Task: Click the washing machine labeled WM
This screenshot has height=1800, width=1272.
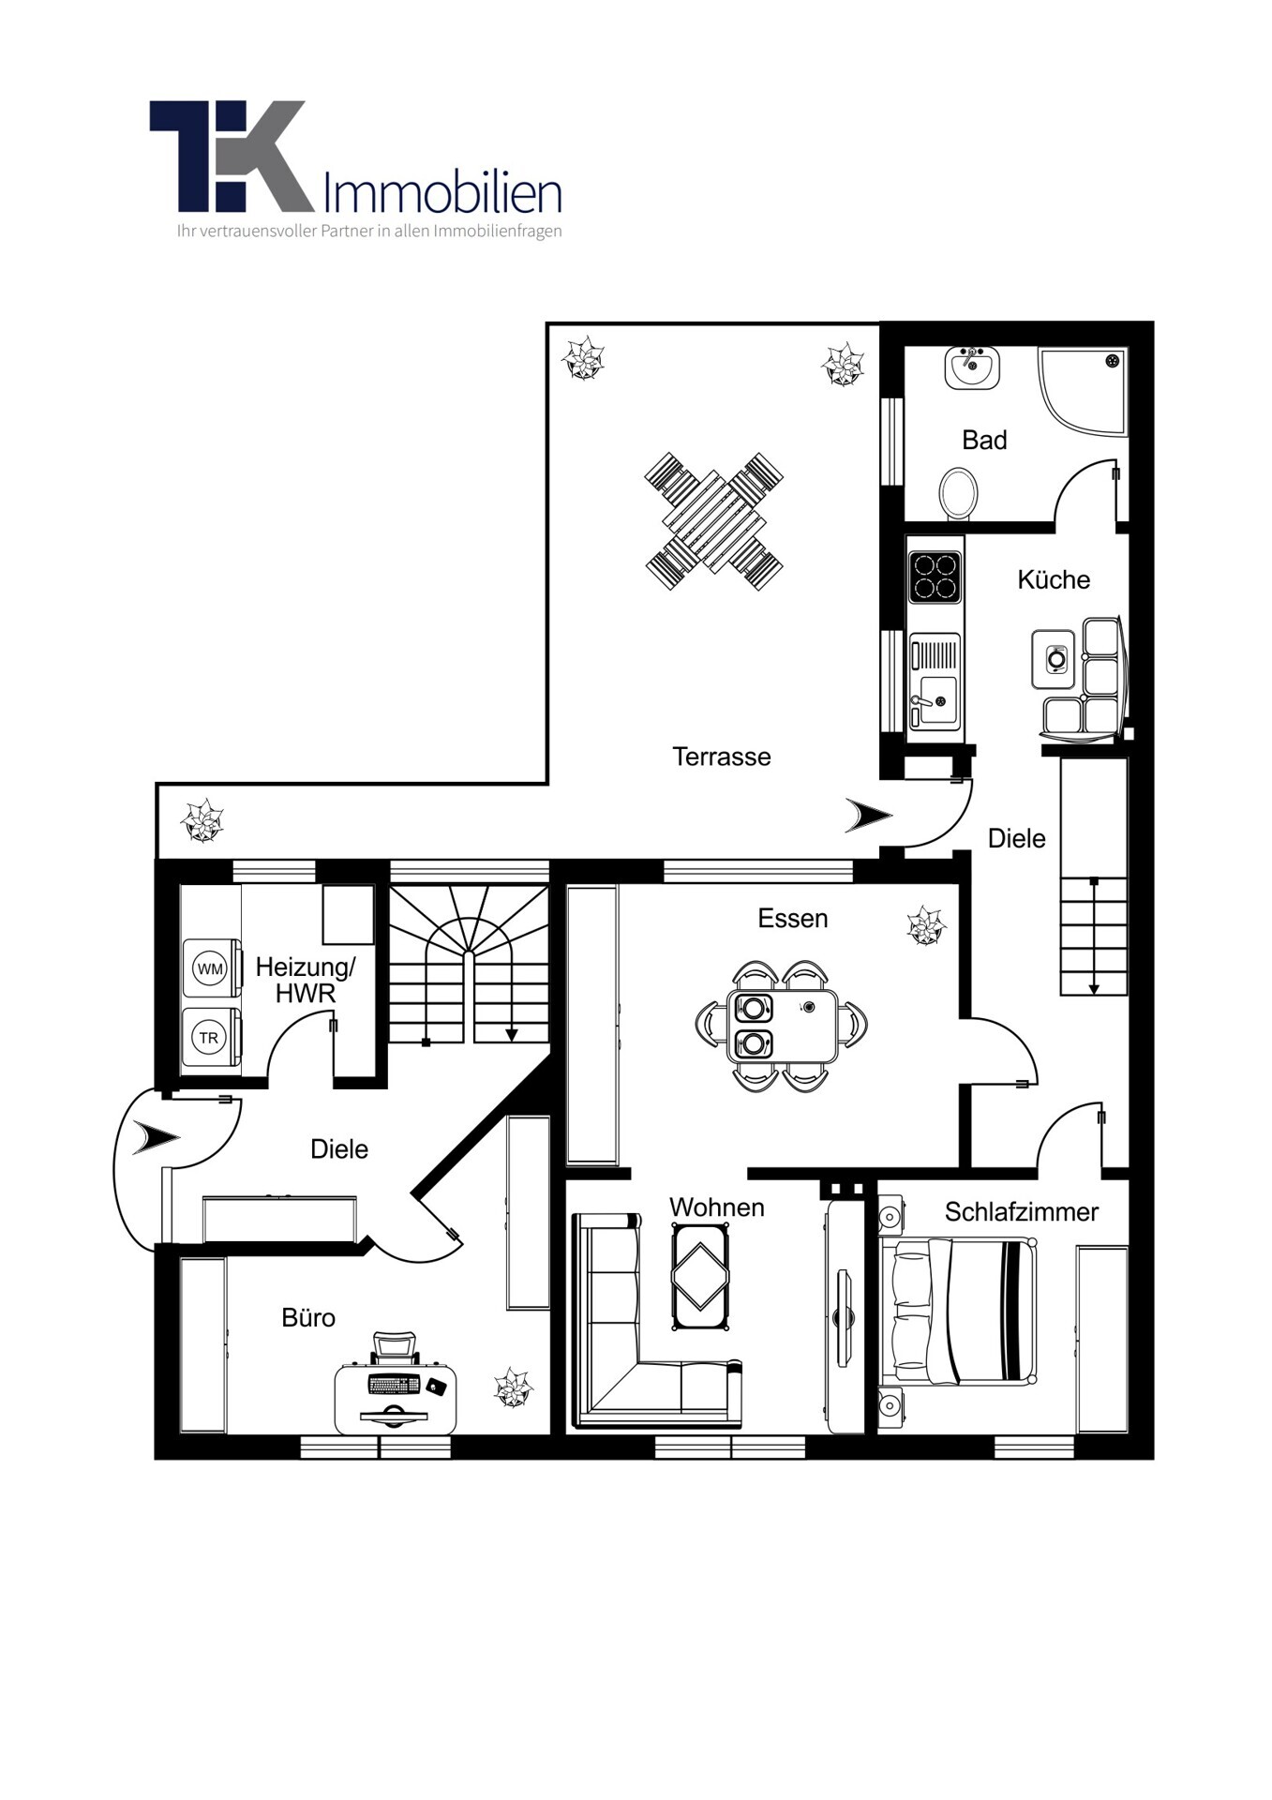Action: coord(212,967)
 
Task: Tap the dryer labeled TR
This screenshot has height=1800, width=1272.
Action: coord(212,1037)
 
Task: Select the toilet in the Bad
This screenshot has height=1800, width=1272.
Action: coord(958,492)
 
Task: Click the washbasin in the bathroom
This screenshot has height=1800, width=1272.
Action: coord(972,367)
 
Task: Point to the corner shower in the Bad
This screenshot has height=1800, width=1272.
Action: coord(1083,390)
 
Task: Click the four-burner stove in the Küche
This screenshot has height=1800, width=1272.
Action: coord(935,577)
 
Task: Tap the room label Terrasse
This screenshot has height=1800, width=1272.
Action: coord(721,757)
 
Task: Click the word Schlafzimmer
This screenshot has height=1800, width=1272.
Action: coord(1021,1212)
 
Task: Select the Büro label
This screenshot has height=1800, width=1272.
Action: coord(308,1317)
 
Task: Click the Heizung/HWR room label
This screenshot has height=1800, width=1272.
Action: coord(306,980)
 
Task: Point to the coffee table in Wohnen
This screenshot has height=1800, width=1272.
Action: coord(700,1277)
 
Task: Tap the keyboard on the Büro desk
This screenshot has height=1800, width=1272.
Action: coord(394,1384)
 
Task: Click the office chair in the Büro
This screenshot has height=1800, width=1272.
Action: coord(394,1347)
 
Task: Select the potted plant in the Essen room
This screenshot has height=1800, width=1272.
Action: coord(926,925)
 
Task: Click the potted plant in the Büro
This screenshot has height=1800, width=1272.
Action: coord(513,1387)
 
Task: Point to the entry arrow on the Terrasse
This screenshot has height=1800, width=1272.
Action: coord(868,816)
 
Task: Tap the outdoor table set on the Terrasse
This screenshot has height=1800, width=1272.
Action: coord(714,521)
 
